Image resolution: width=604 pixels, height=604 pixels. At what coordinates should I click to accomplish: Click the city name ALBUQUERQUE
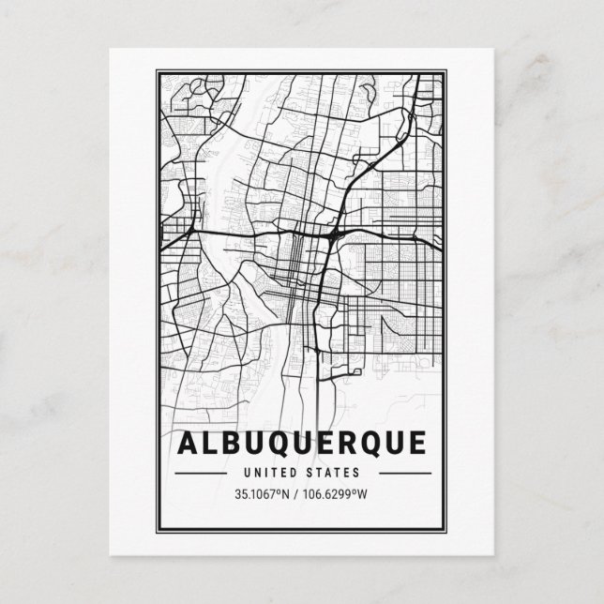[301, 442]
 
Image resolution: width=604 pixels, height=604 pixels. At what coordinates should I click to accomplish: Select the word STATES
[329, 473]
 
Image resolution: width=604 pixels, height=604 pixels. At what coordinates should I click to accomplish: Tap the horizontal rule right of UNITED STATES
[395, 474]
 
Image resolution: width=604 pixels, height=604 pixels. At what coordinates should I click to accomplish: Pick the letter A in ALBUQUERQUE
[187, 442]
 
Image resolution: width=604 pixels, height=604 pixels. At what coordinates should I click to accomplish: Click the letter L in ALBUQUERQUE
[211, 442]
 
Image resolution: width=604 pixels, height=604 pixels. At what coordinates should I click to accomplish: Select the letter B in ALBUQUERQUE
[234, 442]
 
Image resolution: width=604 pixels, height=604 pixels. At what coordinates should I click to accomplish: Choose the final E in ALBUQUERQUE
[416, 442]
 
